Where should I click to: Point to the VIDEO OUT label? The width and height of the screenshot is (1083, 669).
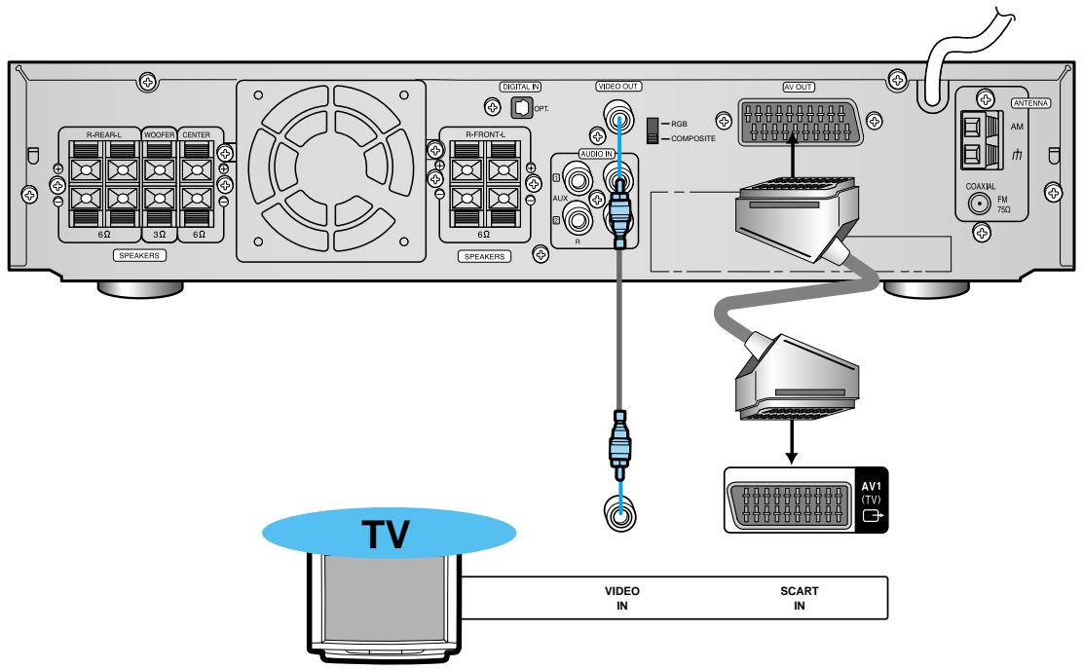(x=616, y=87)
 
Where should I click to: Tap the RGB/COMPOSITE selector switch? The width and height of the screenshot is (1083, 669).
(x=652, y=131)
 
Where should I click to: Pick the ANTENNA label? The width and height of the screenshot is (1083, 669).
(x=1026, y=100)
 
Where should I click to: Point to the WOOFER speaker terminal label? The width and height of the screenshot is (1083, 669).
(x=160, y=134)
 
